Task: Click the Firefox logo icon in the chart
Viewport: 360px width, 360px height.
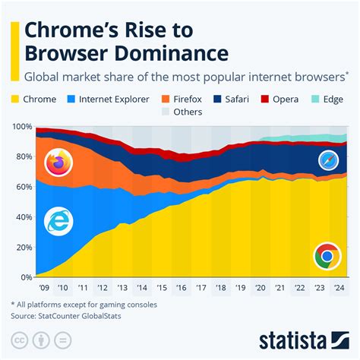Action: [x=57, y=163]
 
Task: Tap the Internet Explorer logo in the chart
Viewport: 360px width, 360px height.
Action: [x=58, y=222]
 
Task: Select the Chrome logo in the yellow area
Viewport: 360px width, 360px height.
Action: [x=327, y=257]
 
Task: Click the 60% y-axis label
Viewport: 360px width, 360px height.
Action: [x=23, y=187]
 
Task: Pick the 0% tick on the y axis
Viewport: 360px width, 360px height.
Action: [x=25, y=277]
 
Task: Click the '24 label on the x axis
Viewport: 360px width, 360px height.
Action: [x=341, y=289]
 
